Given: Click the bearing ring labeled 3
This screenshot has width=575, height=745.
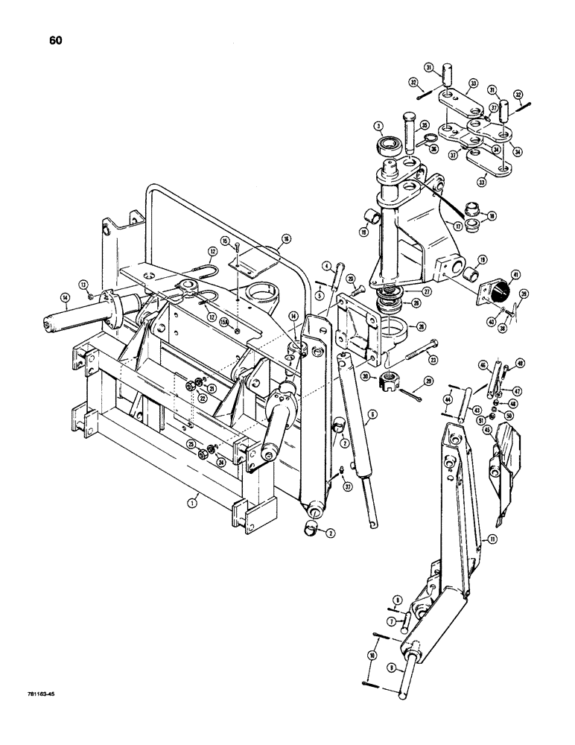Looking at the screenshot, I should coord(389,145).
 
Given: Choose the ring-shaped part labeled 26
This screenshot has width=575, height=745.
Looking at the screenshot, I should coord(395,329).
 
